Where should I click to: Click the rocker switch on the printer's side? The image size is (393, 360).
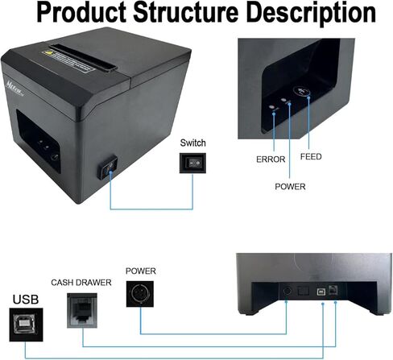click(107, 171)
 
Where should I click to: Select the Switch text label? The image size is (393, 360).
click(192, 143)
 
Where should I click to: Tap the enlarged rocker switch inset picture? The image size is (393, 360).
click(192, 163)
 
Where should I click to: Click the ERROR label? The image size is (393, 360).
click(271, 159)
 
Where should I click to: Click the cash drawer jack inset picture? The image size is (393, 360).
click(84, 307)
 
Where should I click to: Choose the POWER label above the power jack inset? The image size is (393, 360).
click(141, 271)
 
